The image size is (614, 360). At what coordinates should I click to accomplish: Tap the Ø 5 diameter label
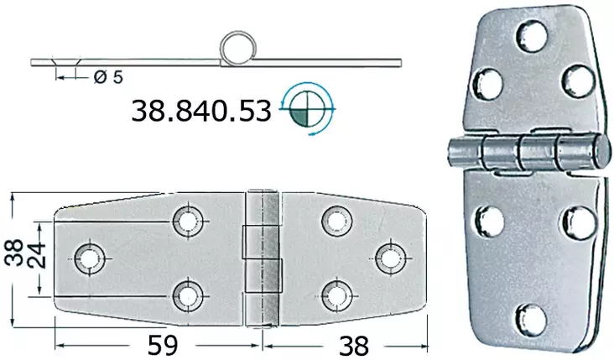click(108, 77)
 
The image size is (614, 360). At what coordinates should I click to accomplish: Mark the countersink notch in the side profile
click(65, 64)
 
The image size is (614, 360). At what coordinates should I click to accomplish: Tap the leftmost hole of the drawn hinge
click(88, 257)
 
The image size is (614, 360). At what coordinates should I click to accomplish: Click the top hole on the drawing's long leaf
click(188, 221)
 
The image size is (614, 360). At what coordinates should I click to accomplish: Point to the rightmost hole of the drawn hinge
click(389, 257)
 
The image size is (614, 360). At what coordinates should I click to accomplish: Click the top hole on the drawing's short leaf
click(336, 221)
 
